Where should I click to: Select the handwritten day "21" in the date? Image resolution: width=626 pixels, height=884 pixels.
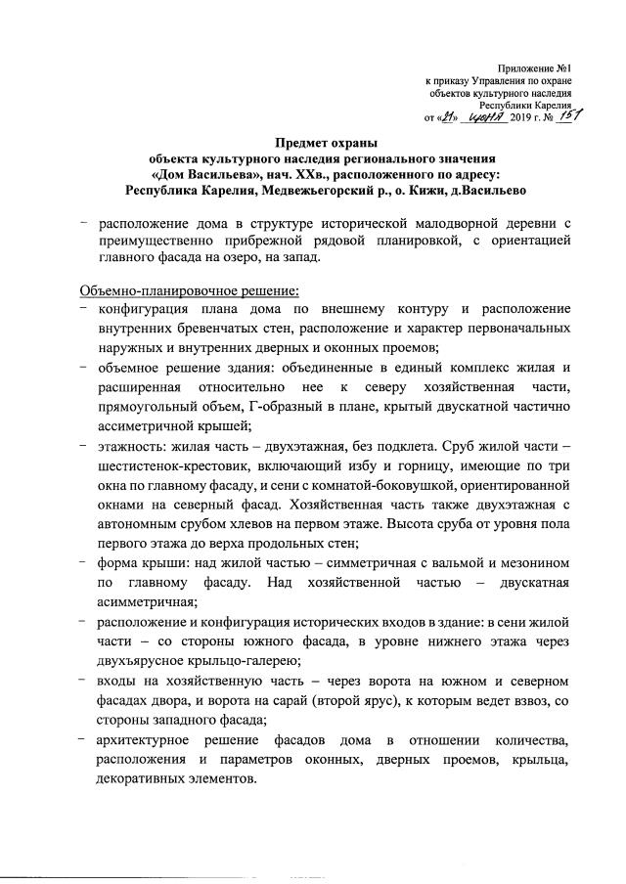pos(442,117)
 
